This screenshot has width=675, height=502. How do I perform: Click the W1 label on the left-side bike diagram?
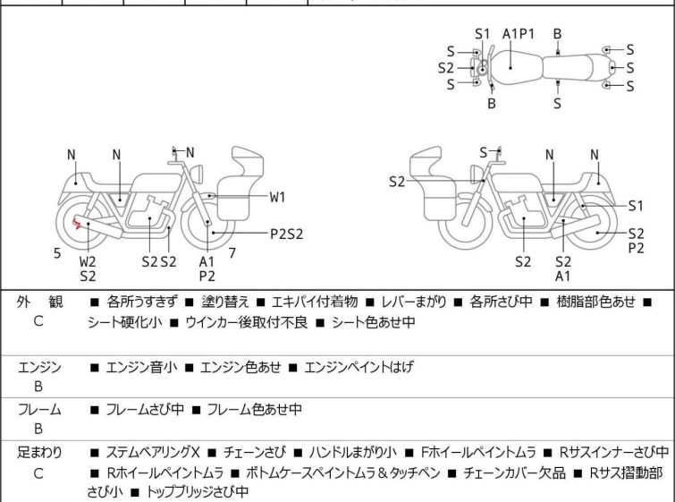tap(278, 196)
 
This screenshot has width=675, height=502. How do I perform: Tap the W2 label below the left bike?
tap(88, 261)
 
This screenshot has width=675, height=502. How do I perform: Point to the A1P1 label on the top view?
tap(519, 34)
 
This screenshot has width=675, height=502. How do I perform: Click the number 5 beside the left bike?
tap(57, 253)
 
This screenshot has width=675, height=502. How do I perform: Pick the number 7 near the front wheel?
tap(232, 253)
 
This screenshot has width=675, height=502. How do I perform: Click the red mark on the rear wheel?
tap(80, 225)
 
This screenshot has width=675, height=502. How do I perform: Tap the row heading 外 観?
tap(39, 302)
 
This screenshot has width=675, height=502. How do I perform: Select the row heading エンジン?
tap(39, 367)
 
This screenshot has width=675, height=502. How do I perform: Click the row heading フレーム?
tap(39, 410)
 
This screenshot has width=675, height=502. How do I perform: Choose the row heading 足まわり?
tap(39, 453)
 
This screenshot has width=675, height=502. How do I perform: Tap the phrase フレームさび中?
tap(145, 410)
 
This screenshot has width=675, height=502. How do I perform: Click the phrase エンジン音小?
tap(141, 367)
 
